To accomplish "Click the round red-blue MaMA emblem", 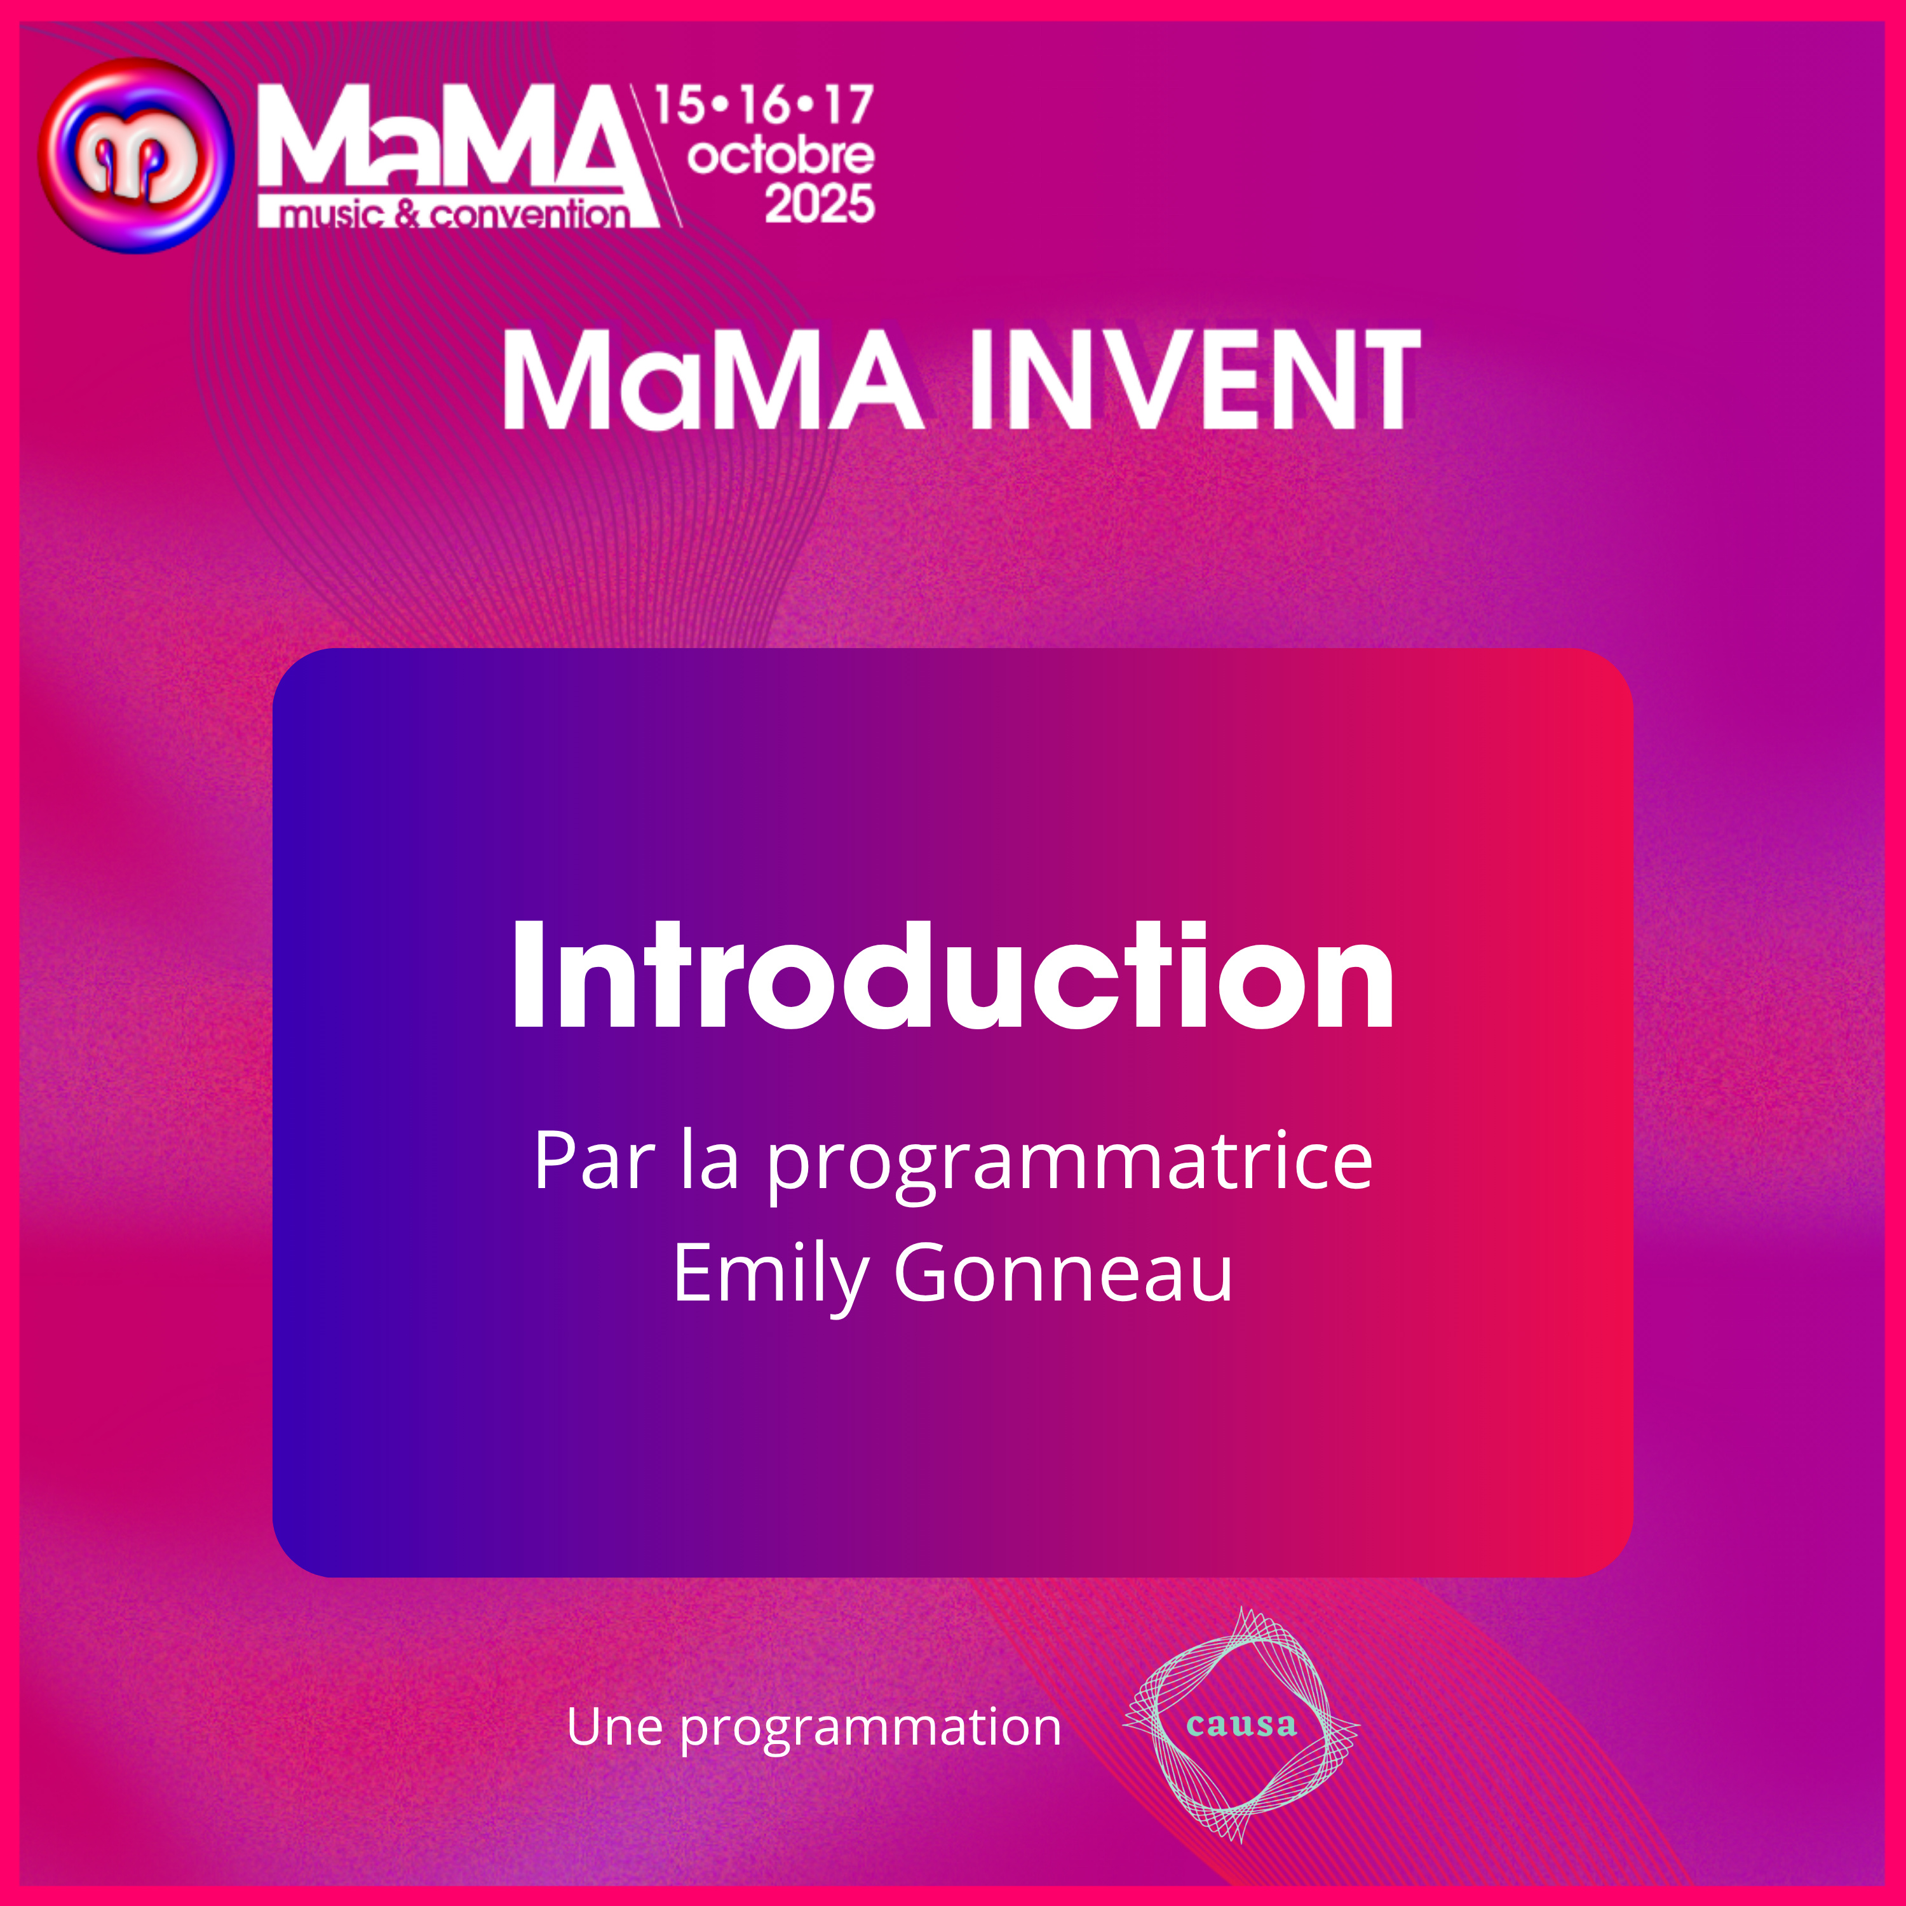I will pyautogui.click(x=135, y=155).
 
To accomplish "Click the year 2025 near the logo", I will pyautogui.click(x=819, y=204).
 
